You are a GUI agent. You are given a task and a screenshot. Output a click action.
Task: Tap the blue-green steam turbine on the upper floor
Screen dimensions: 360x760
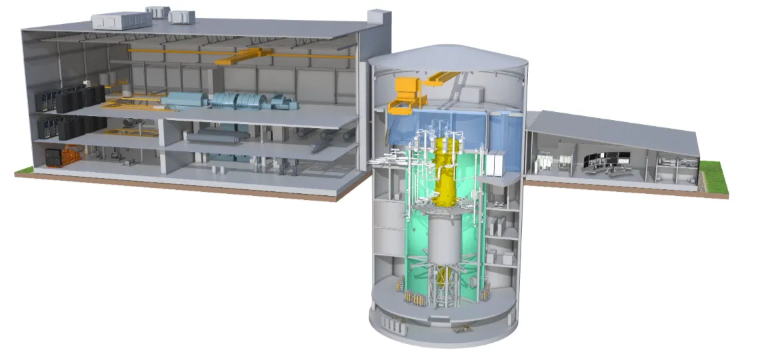pos(240,102)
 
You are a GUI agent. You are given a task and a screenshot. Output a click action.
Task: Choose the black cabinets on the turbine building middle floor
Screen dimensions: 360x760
pos(73,127)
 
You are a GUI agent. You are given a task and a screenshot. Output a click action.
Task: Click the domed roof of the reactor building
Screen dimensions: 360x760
pos(447,57)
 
